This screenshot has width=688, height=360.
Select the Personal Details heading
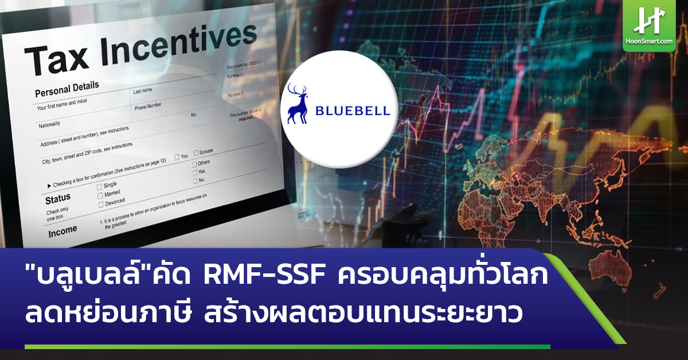[67, 89]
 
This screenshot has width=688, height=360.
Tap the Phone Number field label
[148, 106]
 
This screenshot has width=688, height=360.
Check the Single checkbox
[99, 186]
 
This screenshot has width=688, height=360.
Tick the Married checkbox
[100, 195]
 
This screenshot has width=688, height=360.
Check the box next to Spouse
[196, 152]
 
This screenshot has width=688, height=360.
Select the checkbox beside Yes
[195, 171]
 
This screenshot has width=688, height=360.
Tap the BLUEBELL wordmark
[353, 111]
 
